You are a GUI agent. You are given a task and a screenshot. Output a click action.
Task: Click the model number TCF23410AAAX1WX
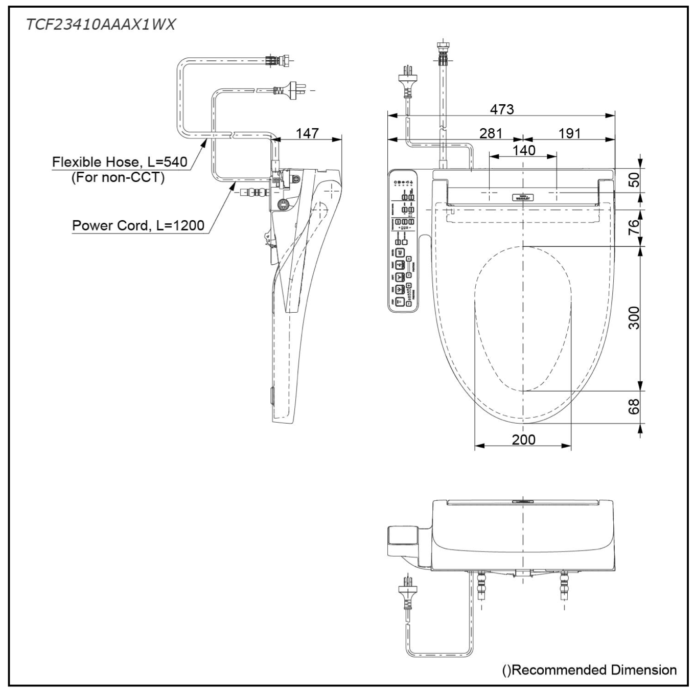click(x=101, y=25)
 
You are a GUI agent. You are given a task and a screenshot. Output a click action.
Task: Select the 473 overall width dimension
click(x=501, y=109)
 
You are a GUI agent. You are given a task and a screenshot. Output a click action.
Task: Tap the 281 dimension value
click(x=491, y=133)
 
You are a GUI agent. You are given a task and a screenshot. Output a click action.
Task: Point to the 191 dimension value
click(x=569, y=133)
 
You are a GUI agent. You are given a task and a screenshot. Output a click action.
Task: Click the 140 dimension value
click(x=524, y=150)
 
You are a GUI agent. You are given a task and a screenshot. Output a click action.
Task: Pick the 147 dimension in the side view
click(x=307, y=133)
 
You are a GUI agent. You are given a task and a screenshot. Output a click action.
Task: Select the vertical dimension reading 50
click(x=633, y=180)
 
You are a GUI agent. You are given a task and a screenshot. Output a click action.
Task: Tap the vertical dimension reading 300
click(x=633, y=317)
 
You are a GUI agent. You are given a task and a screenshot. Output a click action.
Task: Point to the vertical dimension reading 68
click(x=633, y=407)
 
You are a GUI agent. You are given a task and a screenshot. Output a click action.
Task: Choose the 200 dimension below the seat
click(x=523, y=439)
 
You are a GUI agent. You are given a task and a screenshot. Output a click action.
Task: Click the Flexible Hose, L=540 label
click(x=120, y=162)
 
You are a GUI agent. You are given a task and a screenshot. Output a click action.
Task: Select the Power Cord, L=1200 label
click(x=138, y=225)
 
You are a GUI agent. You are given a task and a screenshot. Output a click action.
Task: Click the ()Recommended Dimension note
click(x=589, y=669)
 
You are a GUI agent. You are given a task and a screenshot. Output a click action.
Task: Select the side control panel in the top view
click(x=403, y=240)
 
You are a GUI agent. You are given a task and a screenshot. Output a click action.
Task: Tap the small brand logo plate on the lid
click(x=522, y=197)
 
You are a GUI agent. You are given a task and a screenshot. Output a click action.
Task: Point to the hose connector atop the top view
click(x=443, y=53)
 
